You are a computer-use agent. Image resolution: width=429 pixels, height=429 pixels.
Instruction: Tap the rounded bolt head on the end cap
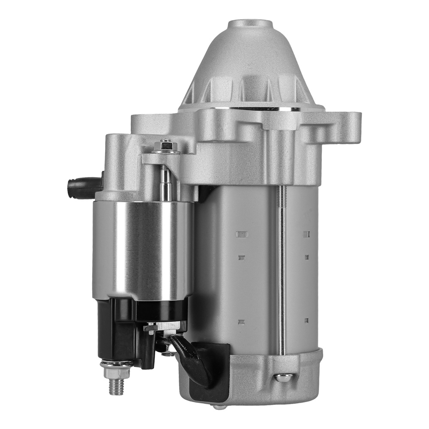284,377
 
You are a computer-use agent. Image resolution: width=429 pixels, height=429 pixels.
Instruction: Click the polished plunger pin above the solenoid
166,182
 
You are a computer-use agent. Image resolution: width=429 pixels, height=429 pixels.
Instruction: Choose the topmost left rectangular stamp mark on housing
242,234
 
